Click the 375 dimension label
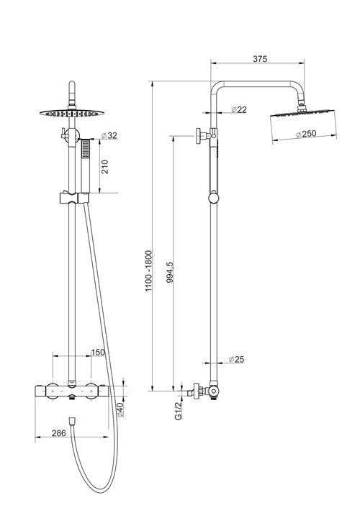click(x=260, y=58)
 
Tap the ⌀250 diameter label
click(x=306, y=134)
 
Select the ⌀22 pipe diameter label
click(x=239, y=109)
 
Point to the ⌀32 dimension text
click(x=109, y=135)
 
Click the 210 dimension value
click(x=105, y=167)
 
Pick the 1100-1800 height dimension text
click(x=148, y=271)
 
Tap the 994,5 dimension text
click(x=170, y=273)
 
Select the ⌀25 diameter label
click(x=236, y=359)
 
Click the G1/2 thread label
click(x=178, y=411)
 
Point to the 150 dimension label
click(x=98, y=352)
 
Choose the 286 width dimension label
click(x=59, y=433)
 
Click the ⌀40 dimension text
click(x=120, y=409)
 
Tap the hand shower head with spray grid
click(x=85, y=149)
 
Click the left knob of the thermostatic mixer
click(x=53, y=391)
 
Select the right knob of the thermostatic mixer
click(x=91, y=391)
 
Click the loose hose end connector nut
click(x=73, y=421)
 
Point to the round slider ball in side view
click(x=213, y=198)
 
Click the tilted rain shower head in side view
click(x=303, y=124)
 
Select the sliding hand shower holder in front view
click(x=74, y=198)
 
